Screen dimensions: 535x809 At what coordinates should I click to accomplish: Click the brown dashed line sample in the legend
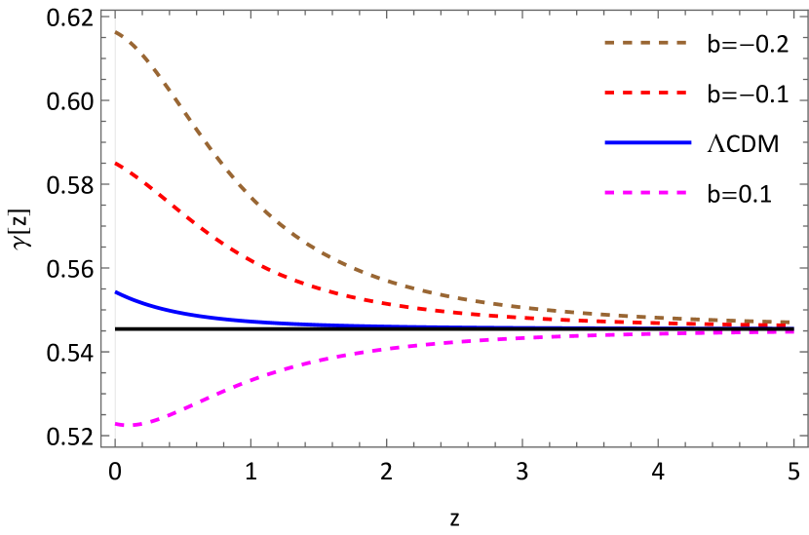(645, 43)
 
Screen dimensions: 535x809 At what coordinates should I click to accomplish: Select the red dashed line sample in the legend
(645, 93)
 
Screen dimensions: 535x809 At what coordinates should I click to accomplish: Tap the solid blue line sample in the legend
(647, 143)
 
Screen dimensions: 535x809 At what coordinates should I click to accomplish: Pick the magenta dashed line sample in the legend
(645, 193)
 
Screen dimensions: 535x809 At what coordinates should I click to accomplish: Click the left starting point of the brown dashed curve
(116, 31)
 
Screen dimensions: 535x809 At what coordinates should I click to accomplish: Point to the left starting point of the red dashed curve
(116, 163)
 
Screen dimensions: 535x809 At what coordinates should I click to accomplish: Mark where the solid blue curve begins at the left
(116, 291)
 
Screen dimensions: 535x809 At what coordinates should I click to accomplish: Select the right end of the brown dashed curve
(790, 322)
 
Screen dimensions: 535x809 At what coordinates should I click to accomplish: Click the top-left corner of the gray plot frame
(101, 11)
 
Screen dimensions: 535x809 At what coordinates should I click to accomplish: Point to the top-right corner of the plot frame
(807, 11)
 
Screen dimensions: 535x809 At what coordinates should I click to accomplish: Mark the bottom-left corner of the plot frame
(101, 447)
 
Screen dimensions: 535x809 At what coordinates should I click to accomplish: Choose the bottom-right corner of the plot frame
(807, 447)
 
